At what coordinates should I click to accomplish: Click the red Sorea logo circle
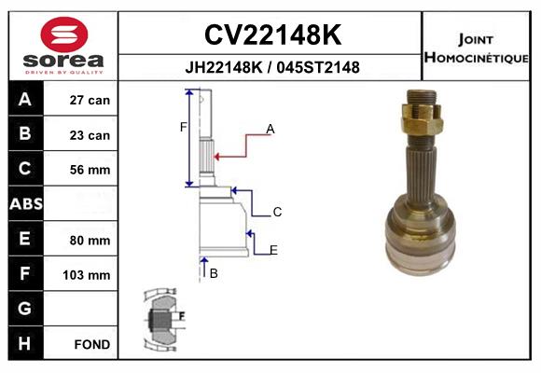tap(64, 35)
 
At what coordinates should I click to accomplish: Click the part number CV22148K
tap(272, 35)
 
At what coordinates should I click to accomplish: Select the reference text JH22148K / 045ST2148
tap(272, 67)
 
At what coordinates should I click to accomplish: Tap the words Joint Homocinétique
tap(476, 48)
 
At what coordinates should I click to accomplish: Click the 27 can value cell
tap(90, 100)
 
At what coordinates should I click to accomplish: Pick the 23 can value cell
tap(90, 135)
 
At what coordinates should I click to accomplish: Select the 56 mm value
tap(90, 170)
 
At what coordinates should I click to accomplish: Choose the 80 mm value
tap(90, 241)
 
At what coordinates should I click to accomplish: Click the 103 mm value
tap(87, 275)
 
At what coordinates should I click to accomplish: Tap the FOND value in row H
tap(92, 344)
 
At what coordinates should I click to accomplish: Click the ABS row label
tap(26, 203)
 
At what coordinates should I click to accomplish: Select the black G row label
tap(26, 309)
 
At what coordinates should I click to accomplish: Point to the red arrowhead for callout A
tap(216, 157)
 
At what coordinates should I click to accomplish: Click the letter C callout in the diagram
tap(277, 212)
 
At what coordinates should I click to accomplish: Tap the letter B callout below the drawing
tap(214, 273)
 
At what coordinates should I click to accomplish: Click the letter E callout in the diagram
tap(273, 250)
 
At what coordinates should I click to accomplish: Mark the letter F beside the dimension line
tap(183, 128)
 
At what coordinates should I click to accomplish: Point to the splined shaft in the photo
tap(421, 173)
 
